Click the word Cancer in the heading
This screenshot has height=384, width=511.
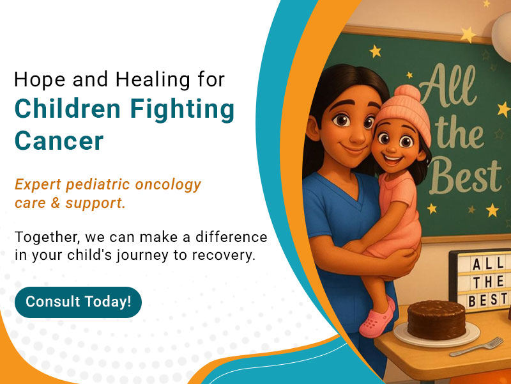[59, 141]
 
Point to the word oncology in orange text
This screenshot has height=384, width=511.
[167, 185]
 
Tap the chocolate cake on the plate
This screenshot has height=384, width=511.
[436, 319]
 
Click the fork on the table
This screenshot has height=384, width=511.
[476, 347]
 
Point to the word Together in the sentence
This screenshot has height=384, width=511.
[45, 237]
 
